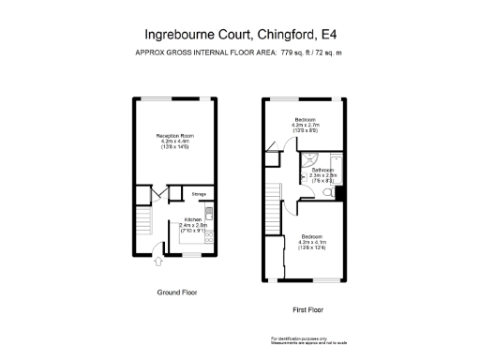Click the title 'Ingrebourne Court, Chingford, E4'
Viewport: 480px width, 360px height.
tap(239, 35)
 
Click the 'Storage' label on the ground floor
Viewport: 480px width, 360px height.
tap(199, 195)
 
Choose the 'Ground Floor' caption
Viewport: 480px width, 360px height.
tap(176, 292)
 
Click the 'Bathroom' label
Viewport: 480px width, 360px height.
tap(323, 171)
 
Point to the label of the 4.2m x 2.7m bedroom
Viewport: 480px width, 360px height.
tap(306, 120)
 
